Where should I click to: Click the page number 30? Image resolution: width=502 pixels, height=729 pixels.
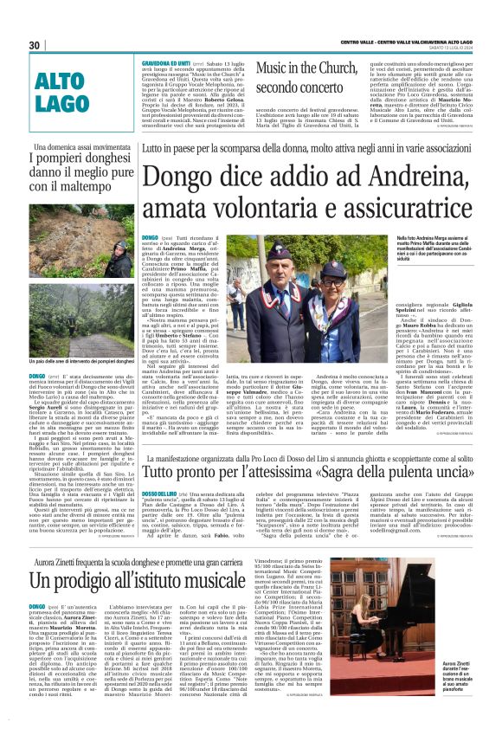(x=35, y=45)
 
